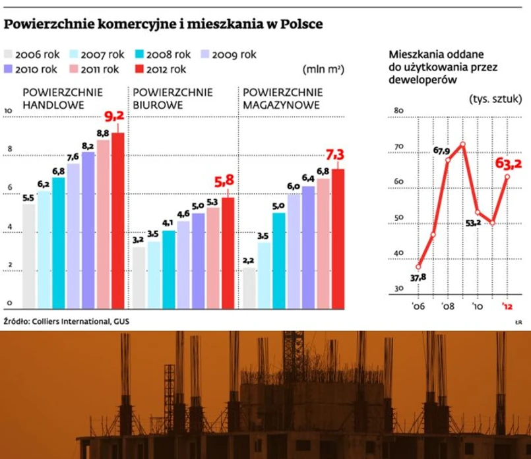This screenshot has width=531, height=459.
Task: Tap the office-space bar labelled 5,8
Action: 228,253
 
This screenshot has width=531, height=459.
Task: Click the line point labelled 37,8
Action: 418,266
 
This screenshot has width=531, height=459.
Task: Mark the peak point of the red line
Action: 463,144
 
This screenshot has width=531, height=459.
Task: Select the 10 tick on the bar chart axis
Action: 8,111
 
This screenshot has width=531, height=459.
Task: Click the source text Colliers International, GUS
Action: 82,322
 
